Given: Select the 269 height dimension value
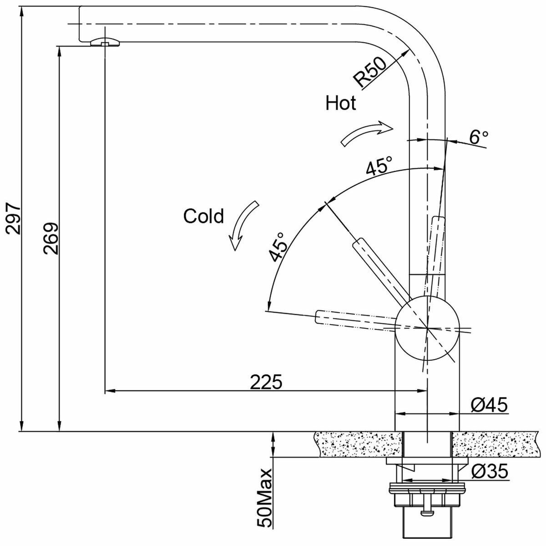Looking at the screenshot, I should (51, 238).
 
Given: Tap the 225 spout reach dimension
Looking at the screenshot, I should (266, 382).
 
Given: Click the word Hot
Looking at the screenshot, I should (340, 104).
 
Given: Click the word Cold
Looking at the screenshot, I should (203, 216).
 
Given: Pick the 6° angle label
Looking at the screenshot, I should (479, 137).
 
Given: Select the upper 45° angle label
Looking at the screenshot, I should (379, 167).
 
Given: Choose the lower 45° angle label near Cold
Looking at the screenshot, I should (278, 247).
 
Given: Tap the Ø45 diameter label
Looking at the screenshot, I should (490, 404).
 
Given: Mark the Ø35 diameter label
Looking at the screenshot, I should (490, 472).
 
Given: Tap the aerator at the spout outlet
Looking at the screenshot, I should (105, 42).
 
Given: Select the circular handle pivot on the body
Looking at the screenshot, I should (426, 328).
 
